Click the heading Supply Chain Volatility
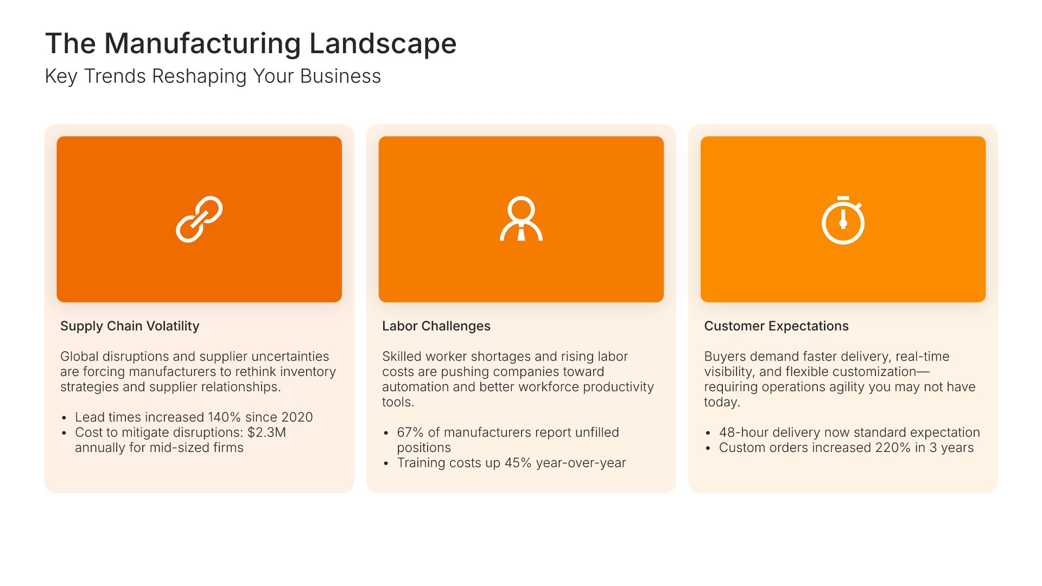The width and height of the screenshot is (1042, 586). (x=130, y=326)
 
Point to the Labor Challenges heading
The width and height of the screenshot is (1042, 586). (x=436, y=326)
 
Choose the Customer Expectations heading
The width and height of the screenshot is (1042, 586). (x=776, y=326)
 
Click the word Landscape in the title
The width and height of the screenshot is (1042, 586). (x=383, y=44)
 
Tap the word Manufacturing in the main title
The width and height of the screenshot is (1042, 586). (x=202, y=44)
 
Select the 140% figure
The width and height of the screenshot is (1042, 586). (x=224, y=417)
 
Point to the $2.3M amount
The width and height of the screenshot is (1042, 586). (x=266, y=432)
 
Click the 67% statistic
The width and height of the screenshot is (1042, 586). (x=410, y=432)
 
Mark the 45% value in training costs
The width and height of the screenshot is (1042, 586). (x=518, y=463)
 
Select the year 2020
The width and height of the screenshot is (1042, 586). (x=297, y=417)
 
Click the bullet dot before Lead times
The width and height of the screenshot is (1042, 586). (x=64, y=418)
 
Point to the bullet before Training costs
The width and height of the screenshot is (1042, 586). (x=386, y=464)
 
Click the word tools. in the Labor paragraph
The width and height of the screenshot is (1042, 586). (x=398, y=402)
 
